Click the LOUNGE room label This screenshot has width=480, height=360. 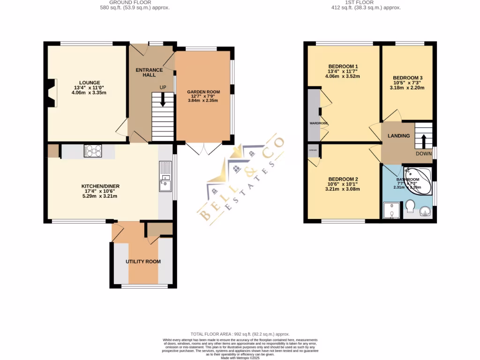(89, 82)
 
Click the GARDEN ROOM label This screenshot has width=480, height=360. (202, 92)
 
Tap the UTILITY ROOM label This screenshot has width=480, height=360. (143, 262)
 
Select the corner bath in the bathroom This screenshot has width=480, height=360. (417, 180)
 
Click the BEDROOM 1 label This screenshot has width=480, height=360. (343, 66)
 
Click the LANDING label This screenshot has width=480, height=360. (398, 136)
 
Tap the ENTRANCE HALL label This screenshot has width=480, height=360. (149, 73)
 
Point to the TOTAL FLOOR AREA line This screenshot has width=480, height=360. (240, 334)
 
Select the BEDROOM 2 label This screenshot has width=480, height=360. (343, 179)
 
